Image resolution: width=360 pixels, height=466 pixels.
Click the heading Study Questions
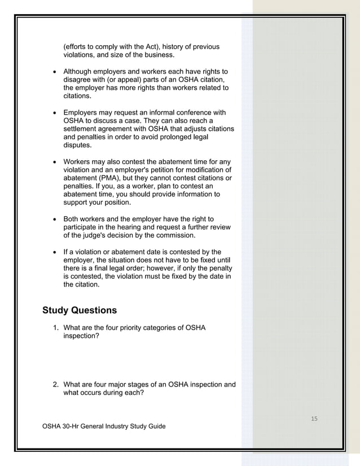click(x=80, y=310)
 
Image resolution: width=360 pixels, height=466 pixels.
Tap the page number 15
click(x=314, y=418)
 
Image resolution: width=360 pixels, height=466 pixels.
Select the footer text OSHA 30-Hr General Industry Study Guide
click(x=104, y=426)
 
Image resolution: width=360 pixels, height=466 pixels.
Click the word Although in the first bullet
click(x=79, y=72)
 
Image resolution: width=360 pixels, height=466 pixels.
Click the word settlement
click(x=82, y=129)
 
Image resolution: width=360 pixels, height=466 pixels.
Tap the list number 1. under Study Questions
click(x=55, y=328)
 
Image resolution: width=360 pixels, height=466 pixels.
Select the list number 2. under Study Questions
click(x=55, y=385)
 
